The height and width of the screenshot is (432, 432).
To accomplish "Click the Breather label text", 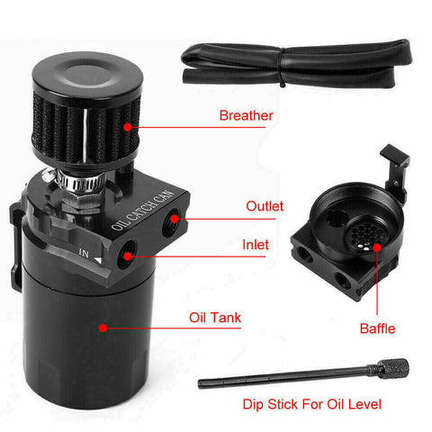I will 246,116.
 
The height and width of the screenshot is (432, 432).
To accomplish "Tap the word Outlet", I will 265,206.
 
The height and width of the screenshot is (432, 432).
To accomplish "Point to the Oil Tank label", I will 215,317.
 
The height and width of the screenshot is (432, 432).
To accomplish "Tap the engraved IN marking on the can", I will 84,254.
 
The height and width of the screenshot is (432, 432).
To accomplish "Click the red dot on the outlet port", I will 168,218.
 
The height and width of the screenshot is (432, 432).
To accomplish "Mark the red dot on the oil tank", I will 104,328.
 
